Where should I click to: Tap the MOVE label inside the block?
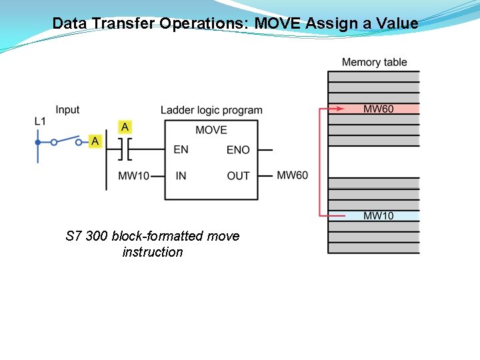pos(211,130)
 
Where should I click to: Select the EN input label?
pos(181,149)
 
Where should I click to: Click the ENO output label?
pos(238,150)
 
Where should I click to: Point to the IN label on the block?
pos(181,176)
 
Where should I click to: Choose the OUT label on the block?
pos(238,176)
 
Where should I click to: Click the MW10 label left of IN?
pos(133,176)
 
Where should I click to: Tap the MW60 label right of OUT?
pos(293,175)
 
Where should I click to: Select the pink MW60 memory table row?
pos(374,109)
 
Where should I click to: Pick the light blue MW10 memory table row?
pos(374,215)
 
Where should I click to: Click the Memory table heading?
pos(374,62)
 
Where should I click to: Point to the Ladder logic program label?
pos(211,110)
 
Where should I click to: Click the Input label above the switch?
pos(67,109)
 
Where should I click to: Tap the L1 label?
pos(41,121)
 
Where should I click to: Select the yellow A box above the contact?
pos(125,127)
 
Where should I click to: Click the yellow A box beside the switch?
pos(95,141)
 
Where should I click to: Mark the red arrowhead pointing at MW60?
pos(340,109)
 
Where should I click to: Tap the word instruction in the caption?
pos(153,252)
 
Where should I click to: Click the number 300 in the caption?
pos(97,236)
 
